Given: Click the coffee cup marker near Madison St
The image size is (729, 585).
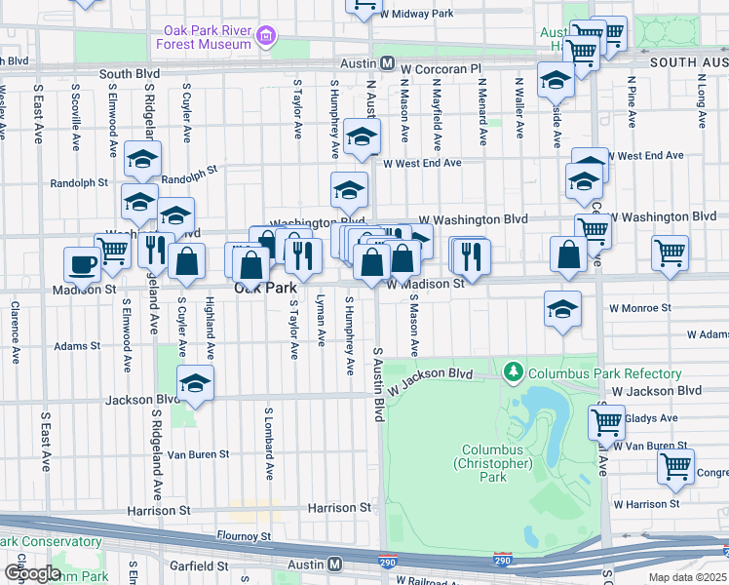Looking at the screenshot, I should point(83,263).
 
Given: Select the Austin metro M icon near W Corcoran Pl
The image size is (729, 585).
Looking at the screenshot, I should point(387,63).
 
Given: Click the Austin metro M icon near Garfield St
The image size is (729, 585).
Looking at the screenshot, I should point(334,564).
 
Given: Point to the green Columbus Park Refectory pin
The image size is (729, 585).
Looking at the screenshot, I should point(513,372).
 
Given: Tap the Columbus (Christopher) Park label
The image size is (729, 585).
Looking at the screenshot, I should point(494,463).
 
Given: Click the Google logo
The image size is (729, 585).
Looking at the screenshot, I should point(31,573).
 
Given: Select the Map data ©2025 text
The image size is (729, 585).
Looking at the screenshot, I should point(688,577).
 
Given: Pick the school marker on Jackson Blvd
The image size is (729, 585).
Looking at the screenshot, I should point(196,383).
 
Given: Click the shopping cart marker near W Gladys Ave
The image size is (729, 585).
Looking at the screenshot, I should point(606,422).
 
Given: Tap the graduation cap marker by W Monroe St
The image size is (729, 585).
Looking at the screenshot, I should point(562,309).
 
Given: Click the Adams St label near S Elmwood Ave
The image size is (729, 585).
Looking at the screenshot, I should point(77,345).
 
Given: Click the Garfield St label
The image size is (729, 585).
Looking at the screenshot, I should point(197,565).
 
